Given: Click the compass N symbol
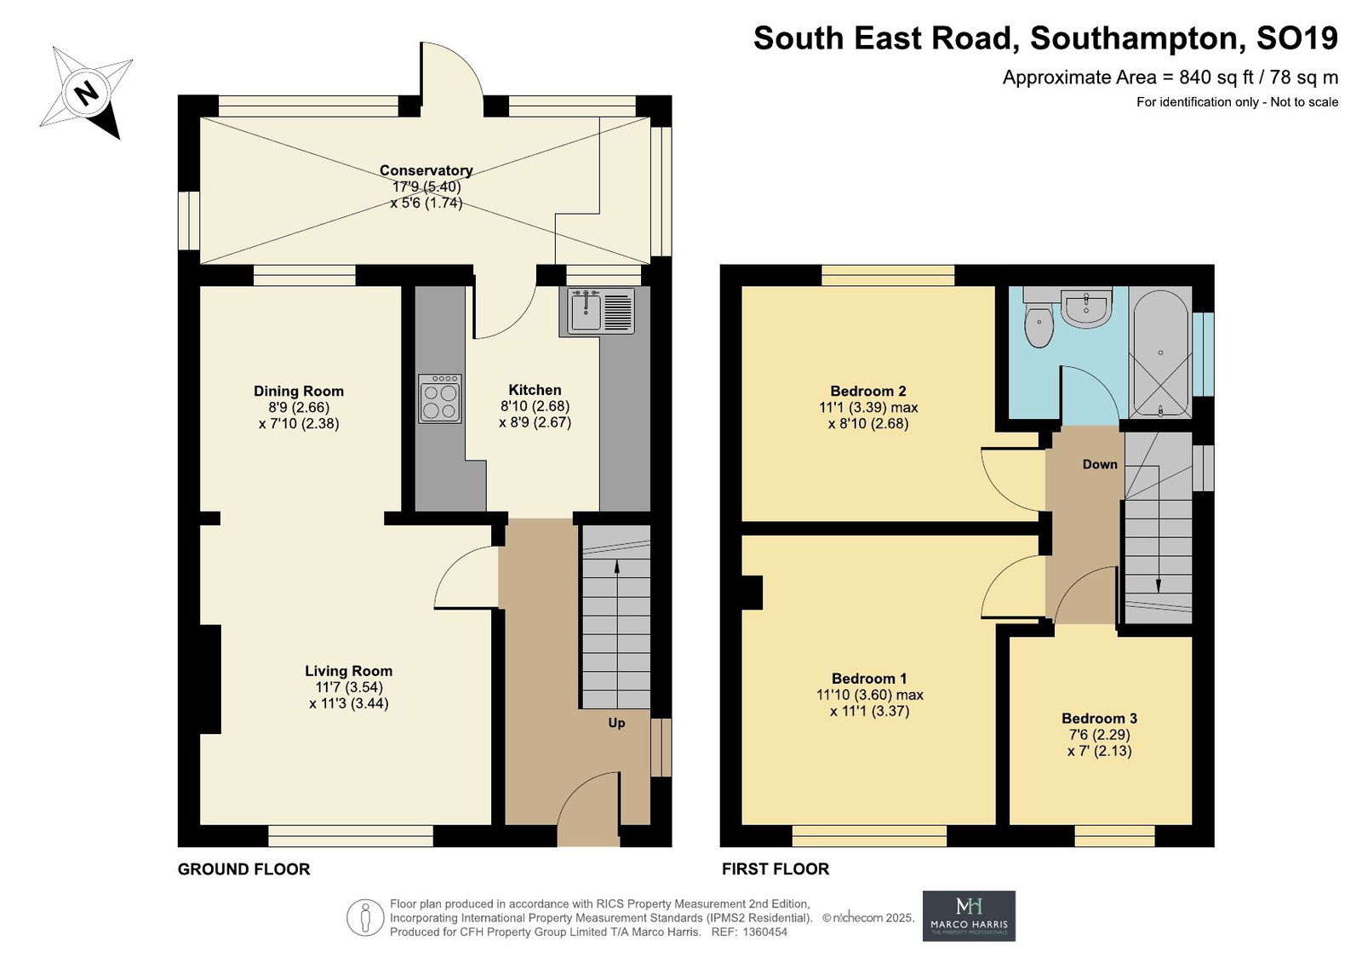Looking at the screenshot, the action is (86, 93).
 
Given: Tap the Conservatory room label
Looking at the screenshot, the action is (426, 170).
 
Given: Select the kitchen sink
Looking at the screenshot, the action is (601, 311).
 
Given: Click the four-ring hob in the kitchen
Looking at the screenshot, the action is (439, 398).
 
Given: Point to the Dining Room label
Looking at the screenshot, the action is (299, 391).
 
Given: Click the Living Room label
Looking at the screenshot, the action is (348, 670).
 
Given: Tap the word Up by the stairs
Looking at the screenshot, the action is (616, 723).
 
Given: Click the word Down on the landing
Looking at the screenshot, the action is (1100, 464).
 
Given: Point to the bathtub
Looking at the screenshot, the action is (1160, 353).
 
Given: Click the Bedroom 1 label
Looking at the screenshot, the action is (869, 679).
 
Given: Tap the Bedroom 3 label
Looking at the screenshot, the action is (1099, 718).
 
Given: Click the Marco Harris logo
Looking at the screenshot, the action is (969, 915).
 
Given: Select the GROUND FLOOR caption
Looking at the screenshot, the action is (243, 868).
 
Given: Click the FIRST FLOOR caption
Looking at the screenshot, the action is (775, 868).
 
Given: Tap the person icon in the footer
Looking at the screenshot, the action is (365, 917).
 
